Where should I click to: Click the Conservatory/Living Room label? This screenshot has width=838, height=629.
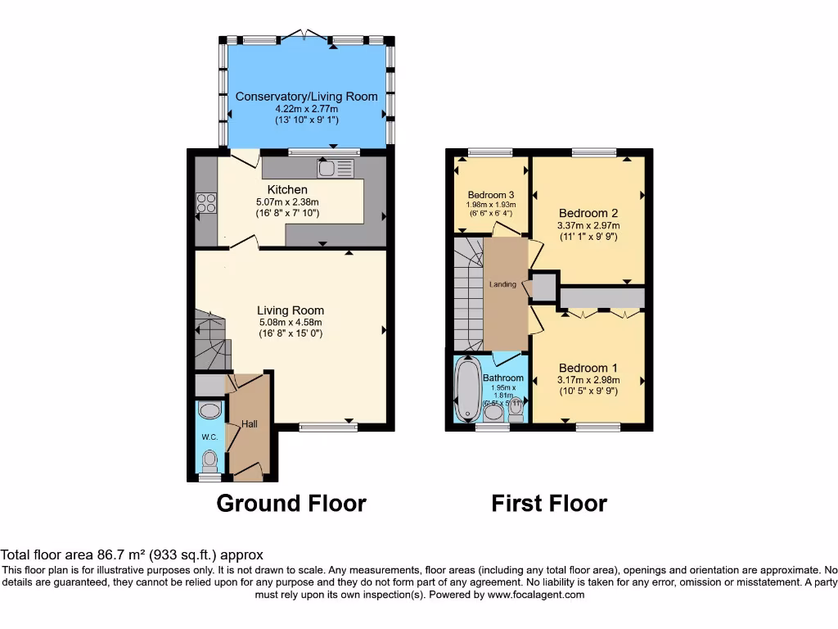click(x=307, y=97)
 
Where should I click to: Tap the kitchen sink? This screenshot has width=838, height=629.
click(x=335, y=168)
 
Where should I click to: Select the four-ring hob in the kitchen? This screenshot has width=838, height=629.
click(x=205, y=202)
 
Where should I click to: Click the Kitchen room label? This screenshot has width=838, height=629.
click(x=287, y=189)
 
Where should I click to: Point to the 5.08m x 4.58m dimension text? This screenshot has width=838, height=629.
click(x=291, y=322)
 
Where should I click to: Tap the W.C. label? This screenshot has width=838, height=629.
click(x=209, y=437)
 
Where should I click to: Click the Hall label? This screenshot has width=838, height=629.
click(x=249, y=423)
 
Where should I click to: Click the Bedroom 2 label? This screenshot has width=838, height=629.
click(x=588, y=212)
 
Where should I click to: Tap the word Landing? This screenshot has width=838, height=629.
click(x=502, y=284)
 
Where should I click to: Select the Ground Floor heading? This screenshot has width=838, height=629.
click(x=291, y=503)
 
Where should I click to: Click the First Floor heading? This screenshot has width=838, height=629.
click(x=549, y=503)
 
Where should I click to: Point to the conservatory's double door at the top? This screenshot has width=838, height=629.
click(x=304, y=35)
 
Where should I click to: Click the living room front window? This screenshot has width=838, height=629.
click(x=328, y=426)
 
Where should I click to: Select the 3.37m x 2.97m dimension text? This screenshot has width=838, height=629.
click(x=588, y=225)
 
